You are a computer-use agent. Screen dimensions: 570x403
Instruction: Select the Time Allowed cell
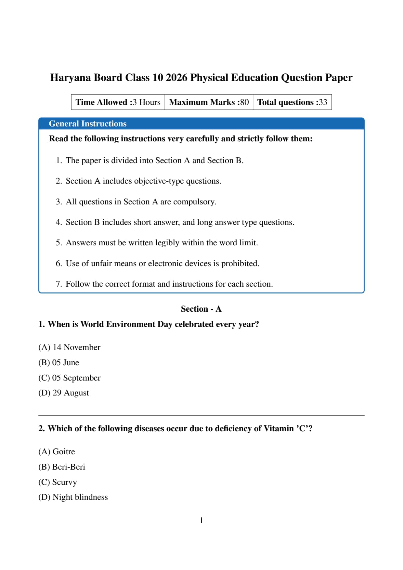118,102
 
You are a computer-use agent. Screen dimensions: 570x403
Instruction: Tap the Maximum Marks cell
209,102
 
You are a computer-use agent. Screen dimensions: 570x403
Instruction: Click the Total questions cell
292,102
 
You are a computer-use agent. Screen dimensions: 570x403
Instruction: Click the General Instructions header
88,124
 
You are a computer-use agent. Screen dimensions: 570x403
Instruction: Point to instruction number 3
136,202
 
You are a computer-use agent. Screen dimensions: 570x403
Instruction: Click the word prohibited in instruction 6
240,264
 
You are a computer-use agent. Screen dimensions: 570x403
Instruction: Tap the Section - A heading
201,309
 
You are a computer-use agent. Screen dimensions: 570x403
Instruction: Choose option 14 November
69,347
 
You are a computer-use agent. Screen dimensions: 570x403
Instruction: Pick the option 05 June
59,363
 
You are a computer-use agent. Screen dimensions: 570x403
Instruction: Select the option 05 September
70,378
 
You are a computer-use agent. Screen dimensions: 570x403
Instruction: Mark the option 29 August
64,393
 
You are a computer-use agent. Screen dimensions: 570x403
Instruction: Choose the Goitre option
57,452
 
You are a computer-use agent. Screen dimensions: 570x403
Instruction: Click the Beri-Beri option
62,467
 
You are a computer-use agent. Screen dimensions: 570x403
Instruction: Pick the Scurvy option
58,482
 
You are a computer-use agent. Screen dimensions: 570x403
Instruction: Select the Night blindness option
73,497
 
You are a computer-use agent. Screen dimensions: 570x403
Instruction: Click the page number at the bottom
201,521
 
